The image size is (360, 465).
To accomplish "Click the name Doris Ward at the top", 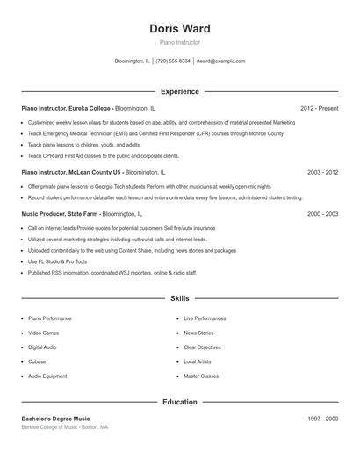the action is (x=180, y=29).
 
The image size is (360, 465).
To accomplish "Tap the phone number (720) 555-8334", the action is (x=173, y=61).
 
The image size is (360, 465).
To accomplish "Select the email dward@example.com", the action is (x=220, y=61).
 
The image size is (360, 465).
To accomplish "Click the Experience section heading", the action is (x=180, y=91).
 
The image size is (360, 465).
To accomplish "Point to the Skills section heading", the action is (x=180, y=299).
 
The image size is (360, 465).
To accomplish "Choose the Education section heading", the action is (x=180, y=402).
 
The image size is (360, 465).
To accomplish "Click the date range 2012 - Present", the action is (x=319, y=108).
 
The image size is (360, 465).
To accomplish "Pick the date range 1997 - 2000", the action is (x=322, y=418).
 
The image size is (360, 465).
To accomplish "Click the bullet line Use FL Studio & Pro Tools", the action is (x=57, y=261).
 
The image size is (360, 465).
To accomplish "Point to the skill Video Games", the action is (x=44, y=333).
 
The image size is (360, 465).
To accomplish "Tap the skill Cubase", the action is (x=37, y=361).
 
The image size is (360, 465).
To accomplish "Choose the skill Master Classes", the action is (x=201, y=376).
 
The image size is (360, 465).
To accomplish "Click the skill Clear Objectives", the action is (x=202, y=347).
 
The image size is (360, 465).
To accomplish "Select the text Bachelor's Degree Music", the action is (x=55, y=418).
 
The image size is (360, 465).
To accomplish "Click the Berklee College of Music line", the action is (x=65, y=427).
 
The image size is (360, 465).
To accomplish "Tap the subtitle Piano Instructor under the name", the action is (x=180, y=42).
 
